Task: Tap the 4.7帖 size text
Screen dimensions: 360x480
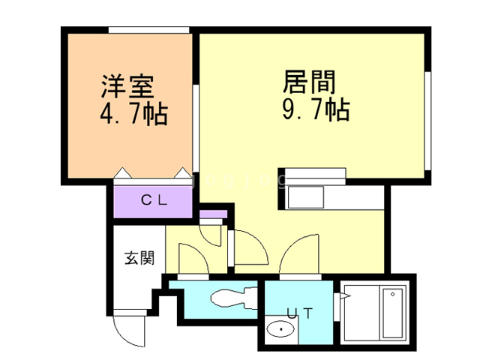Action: tap(133, 115)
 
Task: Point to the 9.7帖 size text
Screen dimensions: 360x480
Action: tap(315, 110)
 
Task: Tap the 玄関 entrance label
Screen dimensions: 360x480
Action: tap(139, 259)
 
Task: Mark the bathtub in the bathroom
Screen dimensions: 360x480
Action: tap(391, 314)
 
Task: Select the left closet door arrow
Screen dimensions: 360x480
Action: tap(122, 174)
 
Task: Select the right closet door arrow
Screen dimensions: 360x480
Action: tap(181, 174)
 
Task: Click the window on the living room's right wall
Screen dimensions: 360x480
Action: tap(428, 120)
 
